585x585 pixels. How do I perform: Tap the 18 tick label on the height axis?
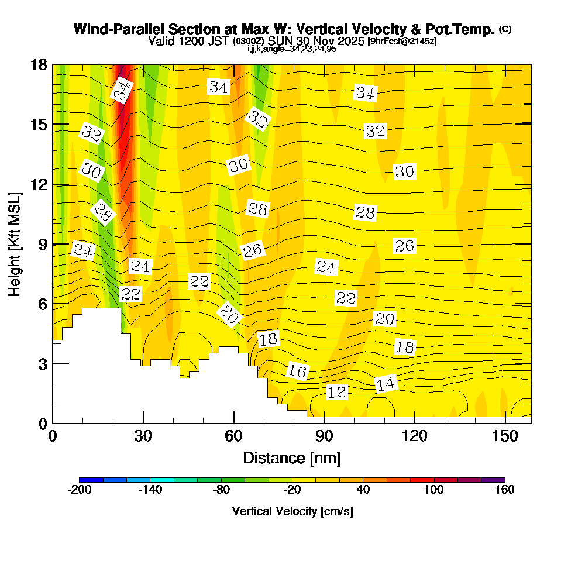39,64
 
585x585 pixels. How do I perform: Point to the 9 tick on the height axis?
42,244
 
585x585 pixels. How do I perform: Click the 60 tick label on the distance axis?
233,436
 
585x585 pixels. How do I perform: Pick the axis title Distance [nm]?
292,457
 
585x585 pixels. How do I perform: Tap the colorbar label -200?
79,490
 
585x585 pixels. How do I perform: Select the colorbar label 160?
504,490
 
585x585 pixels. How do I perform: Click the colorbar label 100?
433,490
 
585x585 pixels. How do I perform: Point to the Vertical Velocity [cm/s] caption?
292,511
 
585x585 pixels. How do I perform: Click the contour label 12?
337,392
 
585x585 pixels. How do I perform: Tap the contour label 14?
385,384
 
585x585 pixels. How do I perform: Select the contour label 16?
297,370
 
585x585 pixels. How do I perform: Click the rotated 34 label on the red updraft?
122,91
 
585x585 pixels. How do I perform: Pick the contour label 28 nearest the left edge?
102,213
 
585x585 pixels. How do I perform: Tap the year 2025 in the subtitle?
349,42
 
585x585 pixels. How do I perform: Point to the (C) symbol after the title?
505,29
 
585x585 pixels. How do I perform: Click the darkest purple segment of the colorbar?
493,480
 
